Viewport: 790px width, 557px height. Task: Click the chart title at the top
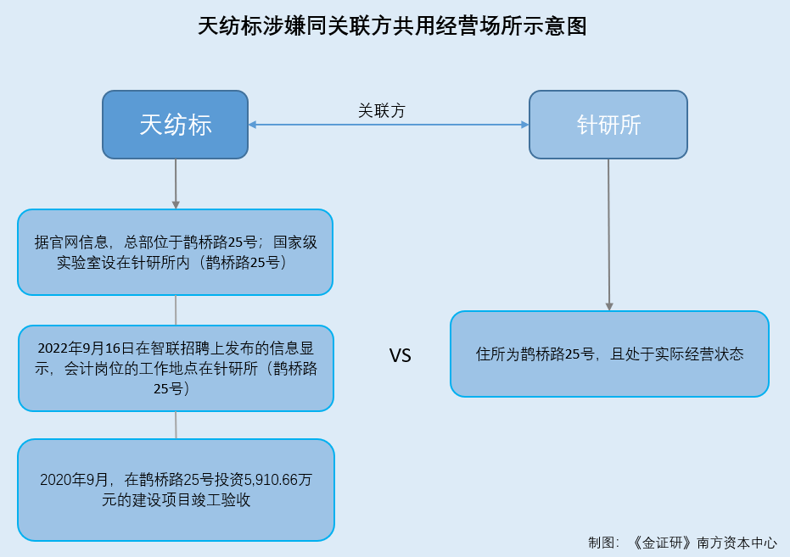click(x=392, y=26)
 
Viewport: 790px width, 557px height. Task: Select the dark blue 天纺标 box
click(x=176, y=125)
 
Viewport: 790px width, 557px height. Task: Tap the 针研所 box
click(x=608, y=125)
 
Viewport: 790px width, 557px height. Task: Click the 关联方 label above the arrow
click(x=381, y=111)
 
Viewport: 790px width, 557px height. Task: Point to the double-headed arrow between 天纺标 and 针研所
click(x=389, y=125)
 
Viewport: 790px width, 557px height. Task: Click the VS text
click(x=400, y=356)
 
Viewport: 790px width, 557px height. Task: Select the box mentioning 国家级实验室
click(x=176, y=252)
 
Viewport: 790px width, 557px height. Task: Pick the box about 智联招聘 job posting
click(x=176, y=368)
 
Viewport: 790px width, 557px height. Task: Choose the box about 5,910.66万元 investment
click(x=176, y=490)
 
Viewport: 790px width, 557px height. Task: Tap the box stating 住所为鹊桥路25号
click(x=609, y=354)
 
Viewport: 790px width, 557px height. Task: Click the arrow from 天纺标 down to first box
click(x=176, y=184)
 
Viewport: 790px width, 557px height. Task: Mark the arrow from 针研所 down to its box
click(x=608, y=235)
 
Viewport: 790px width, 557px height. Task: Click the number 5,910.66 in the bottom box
click(x=271, y=480)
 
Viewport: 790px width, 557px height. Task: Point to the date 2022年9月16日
click(x=87, y=348)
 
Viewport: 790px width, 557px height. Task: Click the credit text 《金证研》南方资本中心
click(x=703, y=543)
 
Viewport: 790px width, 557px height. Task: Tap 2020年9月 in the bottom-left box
click(x=74, y=480)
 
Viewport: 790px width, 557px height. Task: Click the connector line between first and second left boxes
click(x=176, y=310)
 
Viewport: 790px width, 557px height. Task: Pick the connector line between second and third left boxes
click(x=176, y=426)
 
